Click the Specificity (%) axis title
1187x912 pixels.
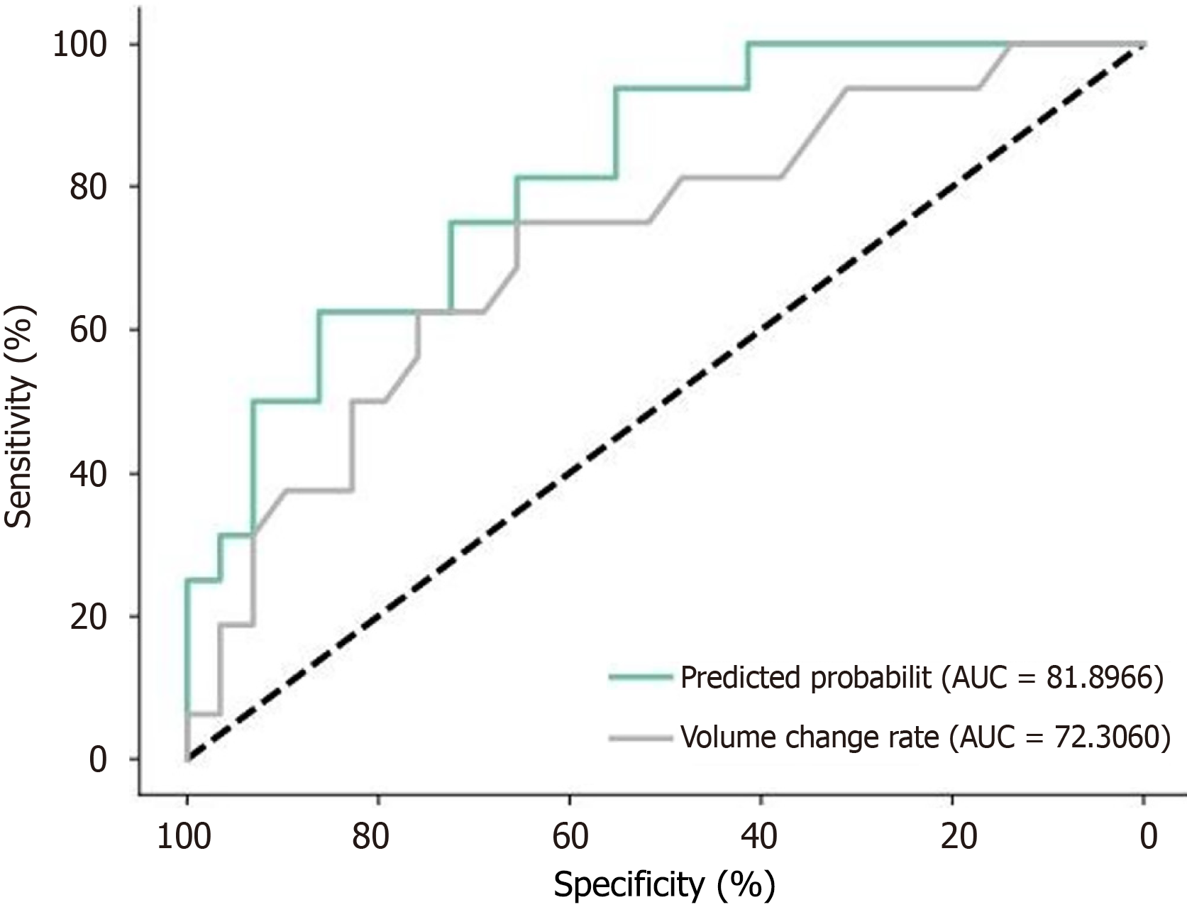click(664, 884)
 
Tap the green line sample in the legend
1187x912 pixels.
click(641, 678)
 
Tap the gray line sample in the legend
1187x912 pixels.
click(641, 738)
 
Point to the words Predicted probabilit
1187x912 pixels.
click(805, 678)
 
